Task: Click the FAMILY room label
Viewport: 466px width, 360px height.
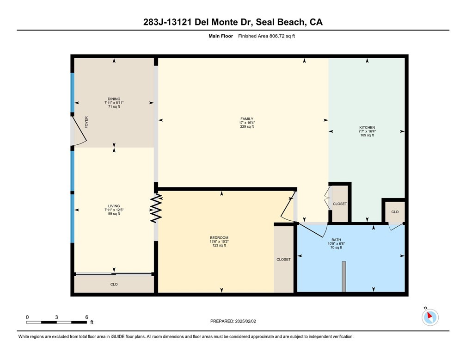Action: pos(244,118)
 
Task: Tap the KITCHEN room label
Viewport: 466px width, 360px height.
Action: pos(367,127)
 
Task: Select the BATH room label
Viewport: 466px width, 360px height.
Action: pos(335,240)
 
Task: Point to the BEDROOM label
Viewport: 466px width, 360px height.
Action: pos(219,237)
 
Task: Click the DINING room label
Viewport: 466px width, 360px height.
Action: pos(114,99)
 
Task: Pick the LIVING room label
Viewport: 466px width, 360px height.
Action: pos(114,206)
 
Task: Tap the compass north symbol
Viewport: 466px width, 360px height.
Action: pos(430,317)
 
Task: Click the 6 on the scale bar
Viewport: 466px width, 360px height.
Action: pos(86,317)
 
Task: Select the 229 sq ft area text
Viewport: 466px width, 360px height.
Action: pos(244,126)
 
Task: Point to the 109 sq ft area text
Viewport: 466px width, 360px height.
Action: pos(367,135)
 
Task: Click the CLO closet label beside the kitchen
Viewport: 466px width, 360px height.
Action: pos(394,211)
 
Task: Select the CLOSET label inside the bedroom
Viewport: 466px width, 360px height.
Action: pos(283,260)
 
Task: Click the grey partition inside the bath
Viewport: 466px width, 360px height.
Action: pos(343,276)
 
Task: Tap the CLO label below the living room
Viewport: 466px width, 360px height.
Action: pos(114,284)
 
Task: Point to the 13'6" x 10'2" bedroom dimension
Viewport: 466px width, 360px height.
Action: pos(219,242)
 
